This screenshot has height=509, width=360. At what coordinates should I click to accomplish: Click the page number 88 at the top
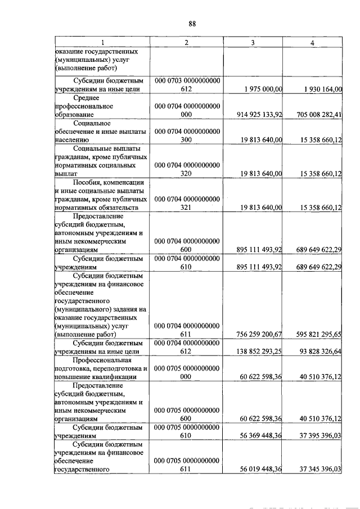coord(192,24)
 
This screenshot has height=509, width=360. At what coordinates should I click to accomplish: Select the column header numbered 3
coord(253,43)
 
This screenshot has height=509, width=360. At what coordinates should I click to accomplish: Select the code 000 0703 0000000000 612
coord(187,84)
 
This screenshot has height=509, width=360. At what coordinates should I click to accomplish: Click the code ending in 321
coord(187,203)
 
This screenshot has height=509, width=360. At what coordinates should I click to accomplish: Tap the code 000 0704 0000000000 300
coord(187,135)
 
